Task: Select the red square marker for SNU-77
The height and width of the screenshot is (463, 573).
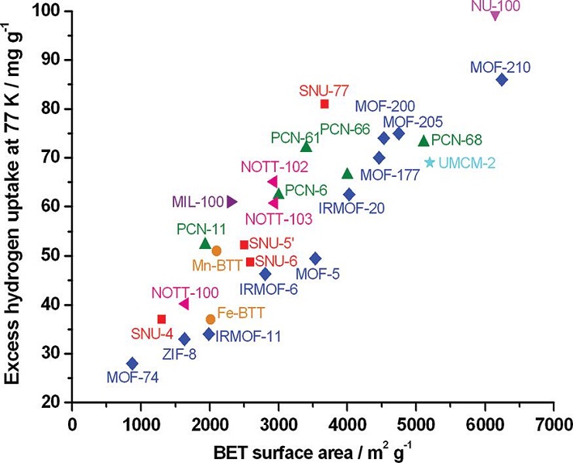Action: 324,104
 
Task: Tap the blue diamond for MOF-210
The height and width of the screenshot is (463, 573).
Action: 502,79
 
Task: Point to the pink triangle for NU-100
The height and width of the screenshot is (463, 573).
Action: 496,15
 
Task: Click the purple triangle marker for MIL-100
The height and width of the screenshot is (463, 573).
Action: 232,202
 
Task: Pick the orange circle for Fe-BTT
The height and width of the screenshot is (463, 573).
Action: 211,319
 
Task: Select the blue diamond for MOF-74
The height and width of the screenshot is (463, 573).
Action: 132,363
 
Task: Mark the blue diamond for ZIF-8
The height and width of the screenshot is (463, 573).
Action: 184,339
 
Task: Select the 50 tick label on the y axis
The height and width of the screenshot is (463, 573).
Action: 55,255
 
